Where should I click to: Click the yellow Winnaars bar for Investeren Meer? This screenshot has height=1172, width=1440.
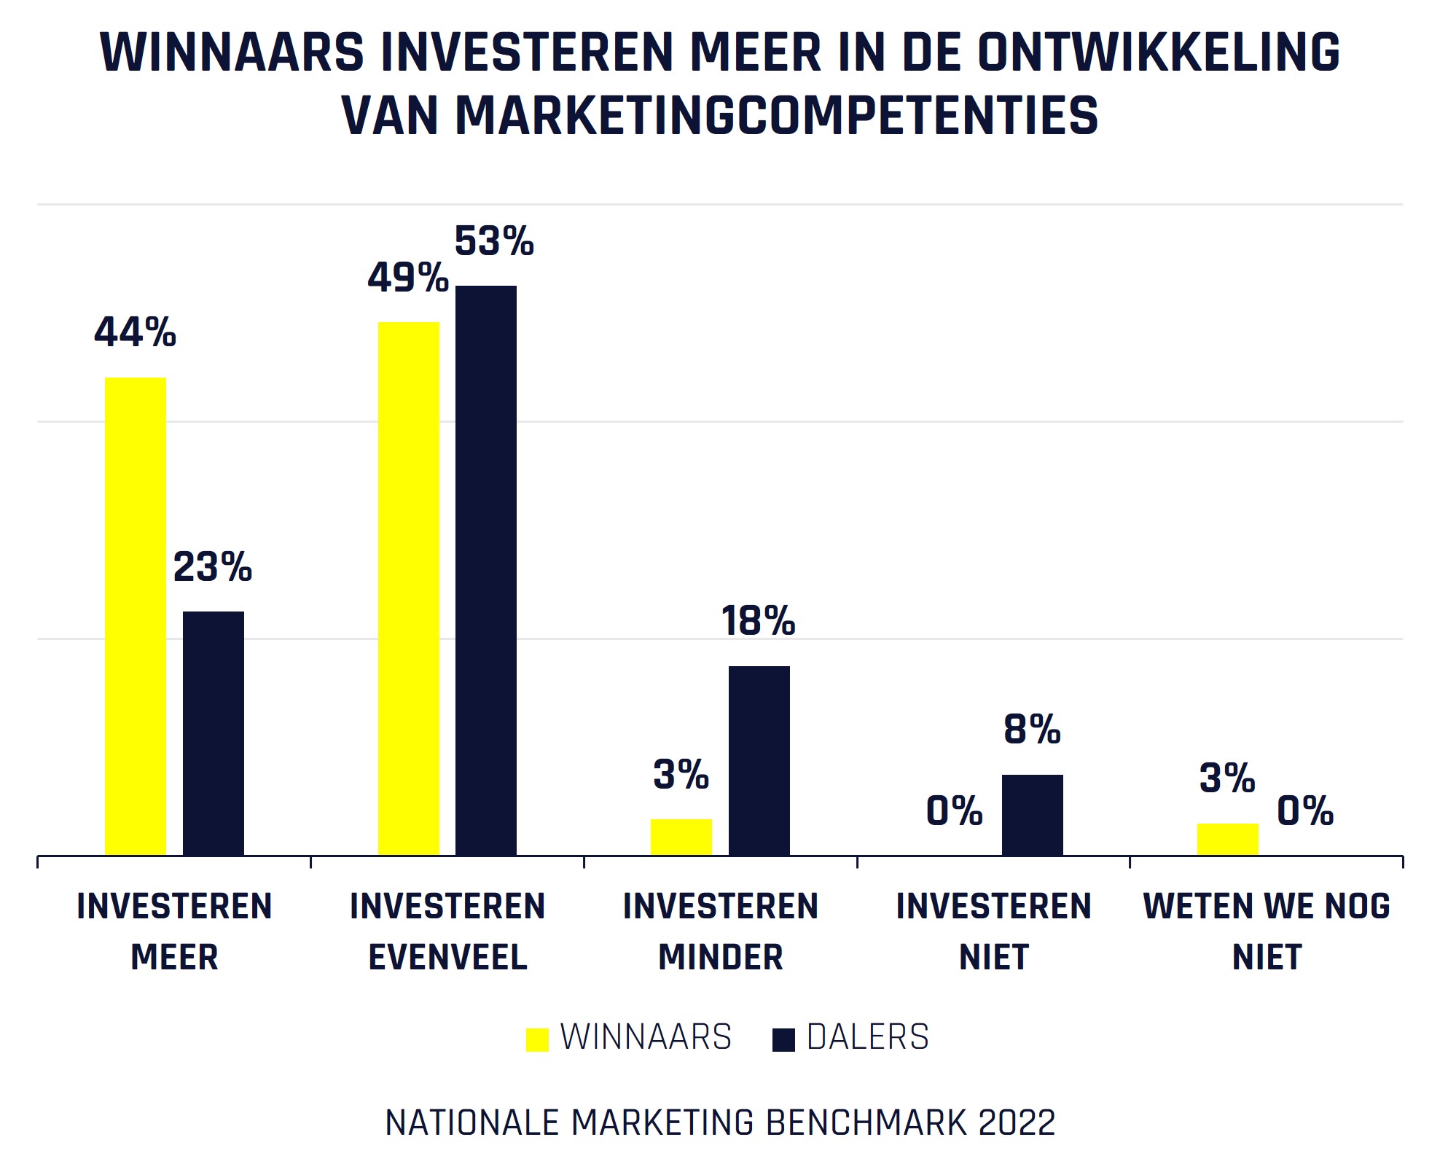click(136, 616)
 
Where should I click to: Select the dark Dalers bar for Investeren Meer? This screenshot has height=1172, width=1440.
click(213, 732)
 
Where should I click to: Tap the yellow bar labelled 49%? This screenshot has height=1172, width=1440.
click(408, 588)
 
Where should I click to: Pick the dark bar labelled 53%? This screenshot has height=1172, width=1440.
click(486, 570)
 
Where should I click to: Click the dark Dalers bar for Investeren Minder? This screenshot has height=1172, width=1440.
click(759, 760)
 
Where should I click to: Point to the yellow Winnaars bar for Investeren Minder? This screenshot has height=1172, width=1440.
click(681, 837)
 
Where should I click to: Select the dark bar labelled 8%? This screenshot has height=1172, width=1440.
click(1032, 815)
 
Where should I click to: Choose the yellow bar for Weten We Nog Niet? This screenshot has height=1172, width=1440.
click(1227, 839)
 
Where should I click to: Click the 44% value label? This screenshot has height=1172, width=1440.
click(136, 332)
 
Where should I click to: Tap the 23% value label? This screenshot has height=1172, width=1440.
click(213, 566)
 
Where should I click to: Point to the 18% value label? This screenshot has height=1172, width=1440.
click(758, 621)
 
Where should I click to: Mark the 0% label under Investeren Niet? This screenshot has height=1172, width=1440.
click(954, 810)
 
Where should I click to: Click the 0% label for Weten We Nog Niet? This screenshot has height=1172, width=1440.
click(1305, 810)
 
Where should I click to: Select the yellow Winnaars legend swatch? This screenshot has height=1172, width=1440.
click(537, 1039)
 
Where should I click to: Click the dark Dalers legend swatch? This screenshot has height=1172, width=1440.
click(783, 1039)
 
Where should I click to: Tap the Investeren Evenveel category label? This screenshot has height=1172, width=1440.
click(447, 931)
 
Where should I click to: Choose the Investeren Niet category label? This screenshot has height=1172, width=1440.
click(994, 931)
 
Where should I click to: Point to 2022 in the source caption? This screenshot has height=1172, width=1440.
click(1017, 1122)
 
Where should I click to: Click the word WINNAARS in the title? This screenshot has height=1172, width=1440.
click(232, 52)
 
